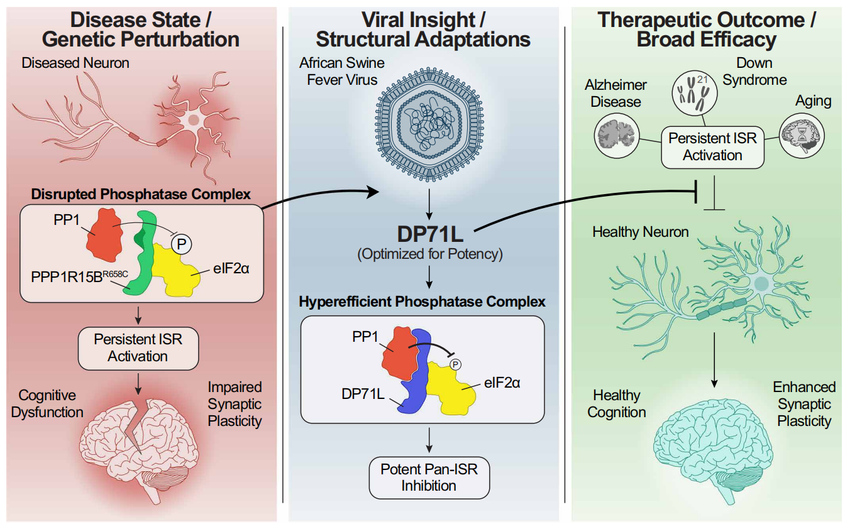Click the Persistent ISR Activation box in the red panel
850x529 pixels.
[x=138, y=347]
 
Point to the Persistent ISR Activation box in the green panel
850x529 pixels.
[x=713, y=146]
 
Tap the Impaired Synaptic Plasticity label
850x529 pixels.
[x=235, y=404]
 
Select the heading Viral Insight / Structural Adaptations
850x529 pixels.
[x=423, y=29]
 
